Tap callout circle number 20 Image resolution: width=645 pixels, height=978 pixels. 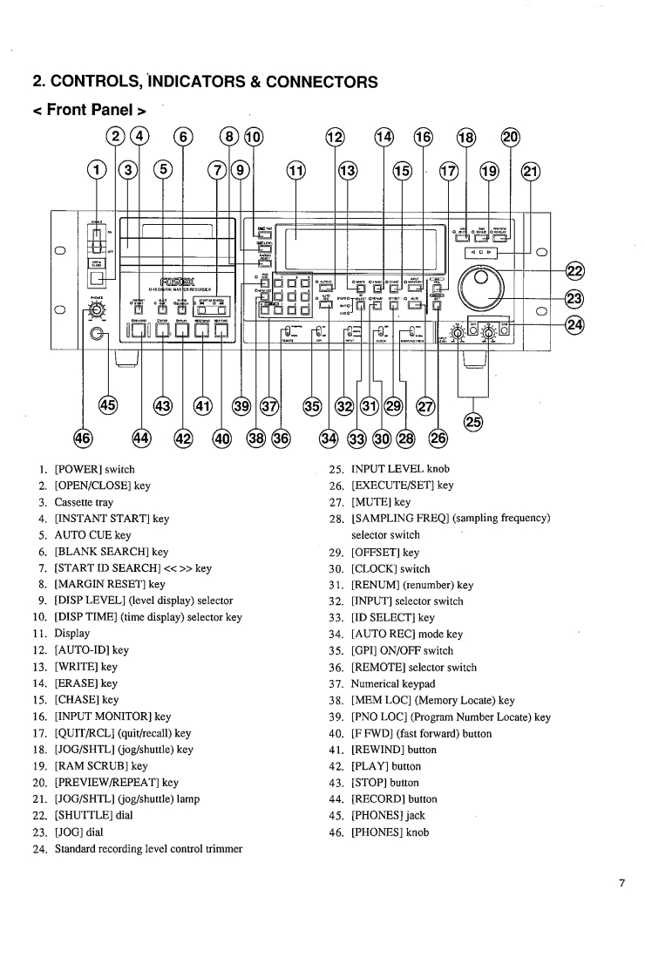click(x=512, y=137)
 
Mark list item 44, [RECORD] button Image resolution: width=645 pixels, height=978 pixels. click(x=383, y=798)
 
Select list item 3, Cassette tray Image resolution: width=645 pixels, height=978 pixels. click(x=73, y=503)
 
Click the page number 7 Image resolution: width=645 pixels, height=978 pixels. click(x=621, y=883)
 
